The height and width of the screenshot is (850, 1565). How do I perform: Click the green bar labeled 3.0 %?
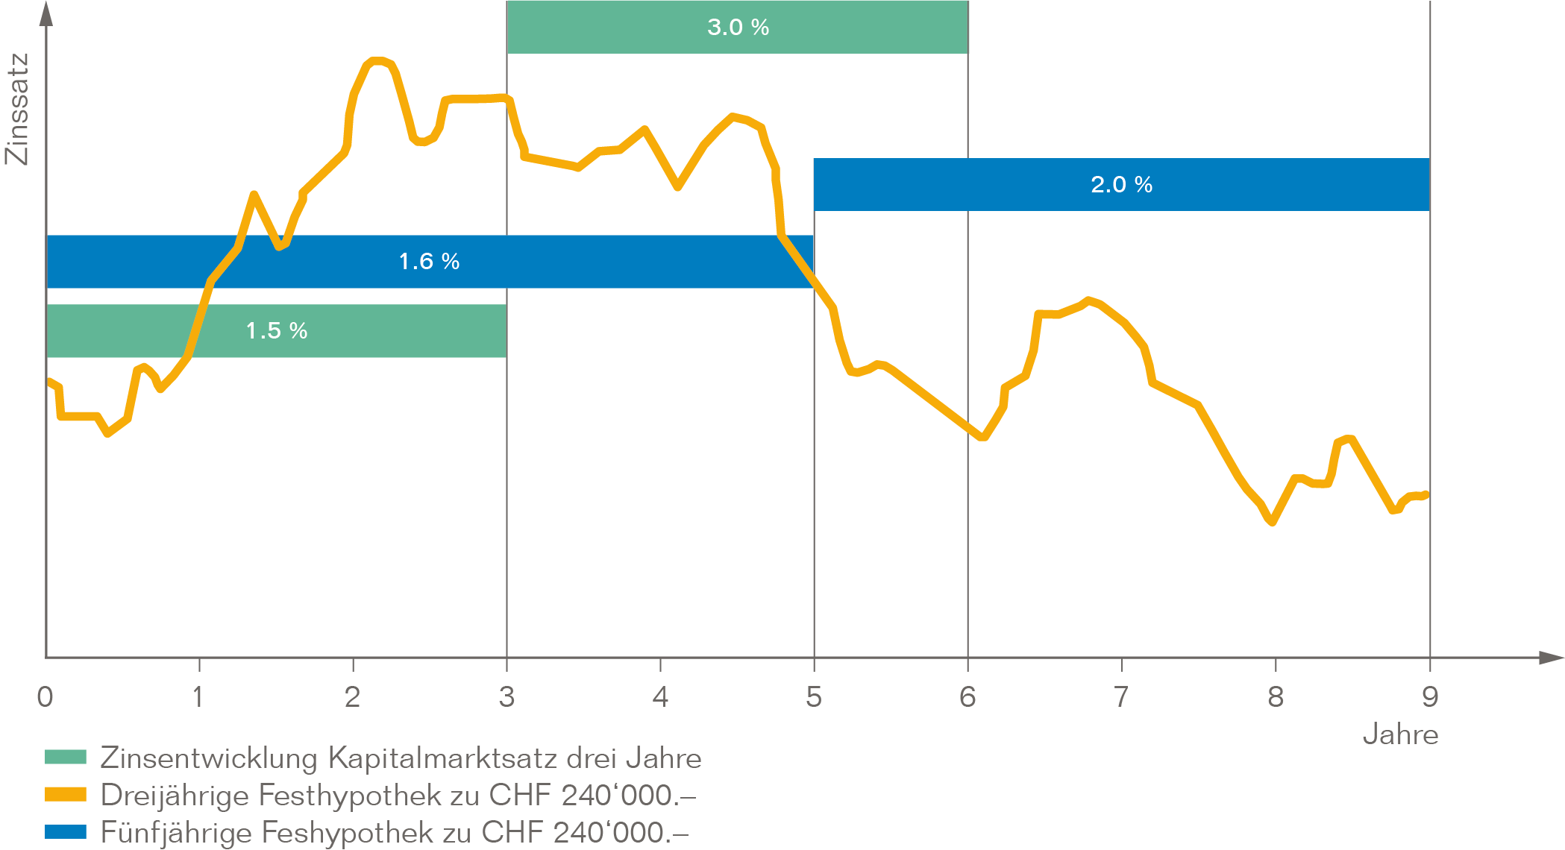[x=737, y=28]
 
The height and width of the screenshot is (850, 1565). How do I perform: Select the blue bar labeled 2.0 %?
[x=1121, y=184]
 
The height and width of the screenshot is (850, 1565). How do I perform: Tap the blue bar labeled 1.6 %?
[x=429, y=261]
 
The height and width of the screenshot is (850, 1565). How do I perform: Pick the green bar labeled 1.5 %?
[x=276, y=330]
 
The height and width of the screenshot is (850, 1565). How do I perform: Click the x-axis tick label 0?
[x=45, y=697]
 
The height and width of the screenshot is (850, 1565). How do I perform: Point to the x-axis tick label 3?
[x=506, y=697]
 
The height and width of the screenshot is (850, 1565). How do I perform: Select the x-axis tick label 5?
[x=813, y=697]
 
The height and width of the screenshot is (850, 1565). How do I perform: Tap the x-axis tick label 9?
[x=1429, y=697]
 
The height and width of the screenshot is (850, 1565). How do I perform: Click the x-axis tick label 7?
[x=1120, y=697]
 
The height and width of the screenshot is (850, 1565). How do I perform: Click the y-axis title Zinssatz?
[x=16, y=109]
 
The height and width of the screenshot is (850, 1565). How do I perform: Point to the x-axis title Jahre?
[x=1400, y=735]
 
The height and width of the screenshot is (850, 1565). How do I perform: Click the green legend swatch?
[x=66, y=758]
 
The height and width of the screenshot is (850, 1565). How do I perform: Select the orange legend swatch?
[x=66, y=795]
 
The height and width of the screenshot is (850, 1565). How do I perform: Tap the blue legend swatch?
[x=66, y=831]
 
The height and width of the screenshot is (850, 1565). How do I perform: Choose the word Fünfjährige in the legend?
[x=176, y=832]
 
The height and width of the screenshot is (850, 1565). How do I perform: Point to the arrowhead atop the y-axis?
[x=46, y=13]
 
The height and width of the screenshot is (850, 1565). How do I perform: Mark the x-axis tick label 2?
[x=352, y=697]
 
